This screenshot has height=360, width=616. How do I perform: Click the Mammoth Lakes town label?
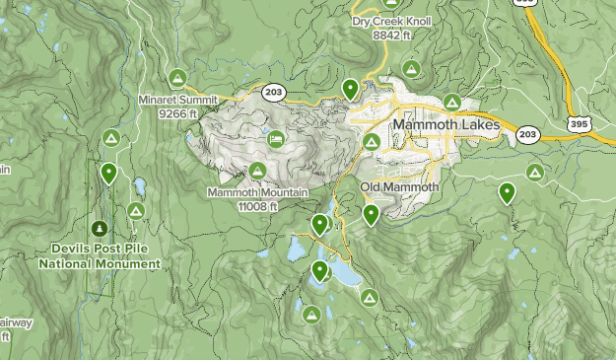[x=446, y=125]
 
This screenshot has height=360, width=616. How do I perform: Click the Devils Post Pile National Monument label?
[x=99, y=257]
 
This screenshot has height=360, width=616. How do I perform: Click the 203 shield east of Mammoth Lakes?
[x=527, y=134]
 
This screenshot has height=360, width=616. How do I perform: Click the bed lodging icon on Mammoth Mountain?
[x=275, y=138]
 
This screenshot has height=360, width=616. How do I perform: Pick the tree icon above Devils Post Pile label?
[x=98, y=228]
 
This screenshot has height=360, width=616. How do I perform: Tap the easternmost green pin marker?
[x=507, y=192]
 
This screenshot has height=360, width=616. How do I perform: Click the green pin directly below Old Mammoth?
[x=371, y=213]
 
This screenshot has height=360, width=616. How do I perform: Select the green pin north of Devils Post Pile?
[x=108, y=174]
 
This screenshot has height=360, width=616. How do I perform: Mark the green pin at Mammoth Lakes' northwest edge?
[x=350, y=89]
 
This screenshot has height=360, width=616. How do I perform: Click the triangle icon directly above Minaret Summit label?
[x=177, y=77]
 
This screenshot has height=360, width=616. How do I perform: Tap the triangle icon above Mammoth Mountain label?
[x=257, y=171]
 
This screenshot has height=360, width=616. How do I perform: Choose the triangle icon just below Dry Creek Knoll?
[x=412, y=68]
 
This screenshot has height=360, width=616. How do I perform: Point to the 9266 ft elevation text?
[x=177, y=112]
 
